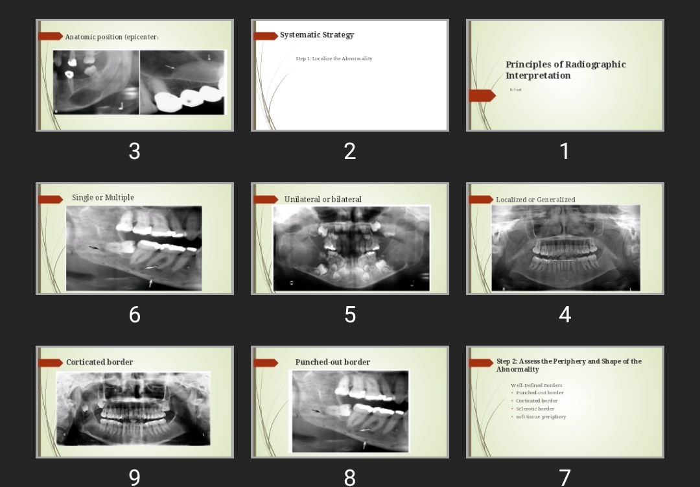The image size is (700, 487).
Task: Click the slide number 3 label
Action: [134, 151]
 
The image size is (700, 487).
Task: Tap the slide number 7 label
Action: [565, 477]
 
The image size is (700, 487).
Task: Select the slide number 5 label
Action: [350, 315]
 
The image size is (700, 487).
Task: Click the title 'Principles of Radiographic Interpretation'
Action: [565, 70]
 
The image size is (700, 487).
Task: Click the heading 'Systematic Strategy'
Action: [316, 35]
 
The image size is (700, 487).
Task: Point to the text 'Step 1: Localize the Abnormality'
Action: [334, 59]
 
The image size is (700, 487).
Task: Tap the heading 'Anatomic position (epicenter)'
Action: [111, 37]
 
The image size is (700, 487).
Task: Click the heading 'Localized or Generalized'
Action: [535, 200]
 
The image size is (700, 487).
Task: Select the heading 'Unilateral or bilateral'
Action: [323, 199]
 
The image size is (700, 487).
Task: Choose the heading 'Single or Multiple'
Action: [103, 198]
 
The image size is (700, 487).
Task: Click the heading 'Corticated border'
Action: [99, 362]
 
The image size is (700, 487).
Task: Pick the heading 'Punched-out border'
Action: [332, 362]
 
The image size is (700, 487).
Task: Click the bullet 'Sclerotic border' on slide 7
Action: [535, 409]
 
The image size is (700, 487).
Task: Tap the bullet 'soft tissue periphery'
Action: [541, 417]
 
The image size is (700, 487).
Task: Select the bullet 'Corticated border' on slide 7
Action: [536, 401]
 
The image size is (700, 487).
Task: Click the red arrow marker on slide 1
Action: [482, 96]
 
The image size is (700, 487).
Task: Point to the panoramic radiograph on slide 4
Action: [565, 248]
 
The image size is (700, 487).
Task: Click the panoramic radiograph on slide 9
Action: [134, 409]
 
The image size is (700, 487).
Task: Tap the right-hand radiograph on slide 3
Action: [183, 82]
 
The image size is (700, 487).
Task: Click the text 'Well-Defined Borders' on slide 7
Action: [536, 385]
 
